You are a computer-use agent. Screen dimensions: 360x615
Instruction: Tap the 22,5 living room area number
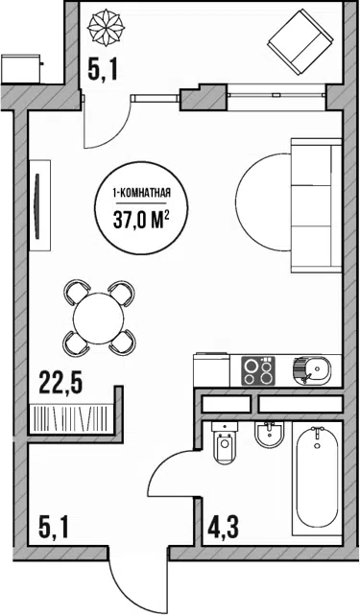pos(60,383)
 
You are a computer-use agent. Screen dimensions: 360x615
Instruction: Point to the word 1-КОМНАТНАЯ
pos(141,193)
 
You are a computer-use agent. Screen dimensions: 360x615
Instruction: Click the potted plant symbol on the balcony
pos(106,28)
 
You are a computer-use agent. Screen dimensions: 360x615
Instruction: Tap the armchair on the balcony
pos(300,42)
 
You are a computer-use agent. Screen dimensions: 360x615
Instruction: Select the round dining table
pos(99,318)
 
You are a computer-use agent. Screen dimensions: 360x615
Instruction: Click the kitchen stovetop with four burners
pos(258,370)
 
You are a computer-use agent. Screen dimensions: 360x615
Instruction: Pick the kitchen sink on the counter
pos(312,370)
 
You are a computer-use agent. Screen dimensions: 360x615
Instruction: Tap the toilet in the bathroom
pos(224,443)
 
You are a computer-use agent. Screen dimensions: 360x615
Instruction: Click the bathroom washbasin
pos(269,435)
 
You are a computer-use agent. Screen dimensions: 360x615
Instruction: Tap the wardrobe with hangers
pos(71,418)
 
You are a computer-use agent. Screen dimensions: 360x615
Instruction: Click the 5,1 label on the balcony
pos(103,72)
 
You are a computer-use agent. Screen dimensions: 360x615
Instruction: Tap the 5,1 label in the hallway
pos(54,528)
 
